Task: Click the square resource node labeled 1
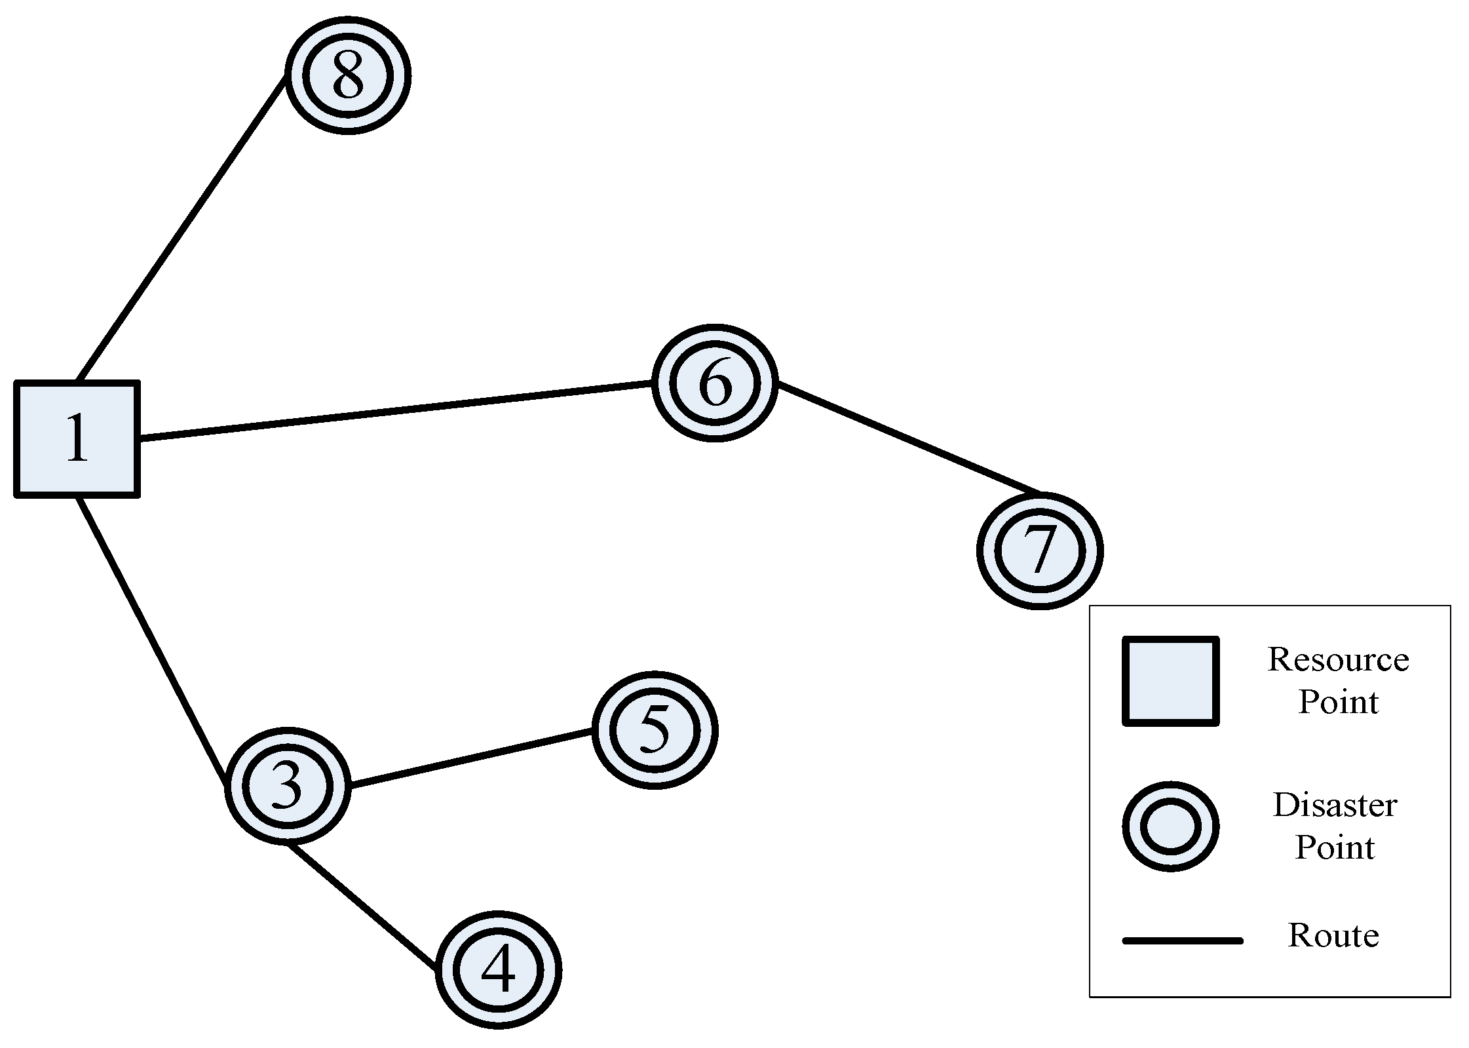pos(77,438)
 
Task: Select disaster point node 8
pos(348,75)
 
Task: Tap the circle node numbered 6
pos(715,383)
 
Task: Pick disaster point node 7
pos(1040,551)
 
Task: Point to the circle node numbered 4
pos(498,970)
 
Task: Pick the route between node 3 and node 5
pos(472,758)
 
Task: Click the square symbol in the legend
pos(1171,682)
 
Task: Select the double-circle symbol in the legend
pos(1171,826)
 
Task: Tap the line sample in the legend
pos(1183,941)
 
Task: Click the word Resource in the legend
pos(1338,659)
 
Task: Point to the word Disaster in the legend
pos(1335,805)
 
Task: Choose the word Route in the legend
pos(1333,936)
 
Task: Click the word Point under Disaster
pos(1335,847)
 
